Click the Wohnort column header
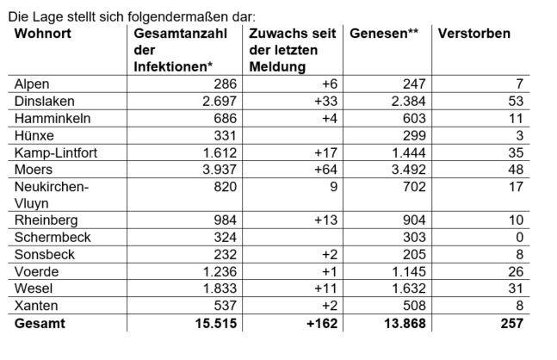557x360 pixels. click(x=43, y=34)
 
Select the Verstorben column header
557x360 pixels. click(x=473, y=34)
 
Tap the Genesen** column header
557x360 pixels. click(x=384, y=34)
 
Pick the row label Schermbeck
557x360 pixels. click(x=50, y=236)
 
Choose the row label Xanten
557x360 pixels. click(x=34, y=307)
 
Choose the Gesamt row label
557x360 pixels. click(x=39, y=324)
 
